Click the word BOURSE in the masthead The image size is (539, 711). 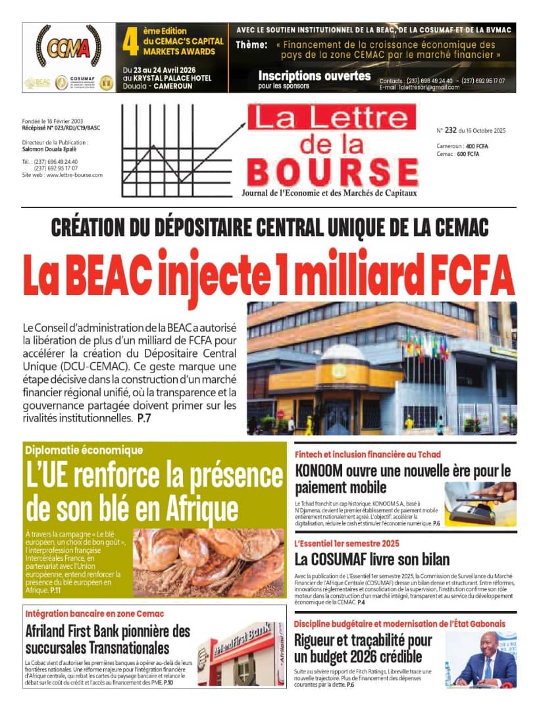coord(333,171)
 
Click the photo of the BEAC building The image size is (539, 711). coord(382,369)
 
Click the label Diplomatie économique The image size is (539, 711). coord(84,451)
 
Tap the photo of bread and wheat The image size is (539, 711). coord(209,562)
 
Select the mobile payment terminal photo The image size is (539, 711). coord(480,504)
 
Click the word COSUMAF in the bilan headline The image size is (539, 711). coord(359,560)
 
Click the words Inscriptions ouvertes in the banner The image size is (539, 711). coord(315,76)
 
